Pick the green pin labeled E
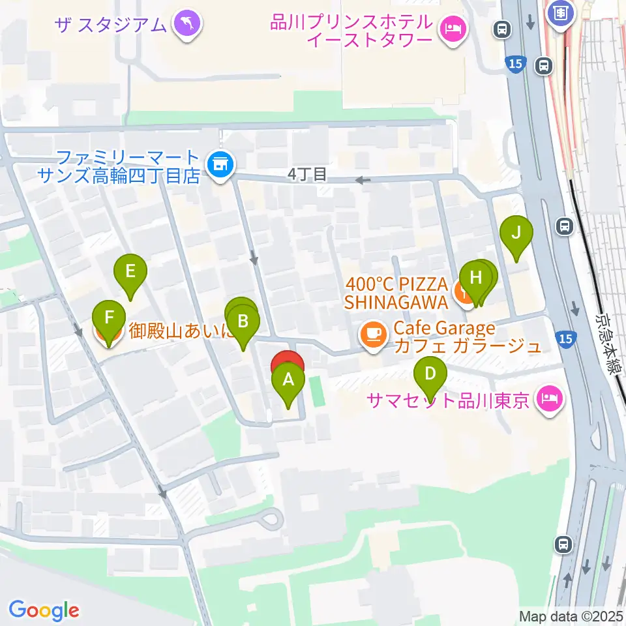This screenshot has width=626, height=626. (130, 271)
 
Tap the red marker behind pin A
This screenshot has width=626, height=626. (288, 362)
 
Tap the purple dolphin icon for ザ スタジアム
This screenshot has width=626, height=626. (188, 23)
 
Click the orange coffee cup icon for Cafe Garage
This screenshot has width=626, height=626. (373, 335)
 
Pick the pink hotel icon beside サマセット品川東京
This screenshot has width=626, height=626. (549, 400)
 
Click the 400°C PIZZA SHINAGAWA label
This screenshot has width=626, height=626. (396, 293)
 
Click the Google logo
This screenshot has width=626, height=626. (44, 610)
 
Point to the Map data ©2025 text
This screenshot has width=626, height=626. (571, 616)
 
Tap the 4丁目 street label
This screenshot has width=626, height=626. (306, 175)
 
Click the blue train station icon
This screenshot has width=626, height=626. (560, 11)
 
